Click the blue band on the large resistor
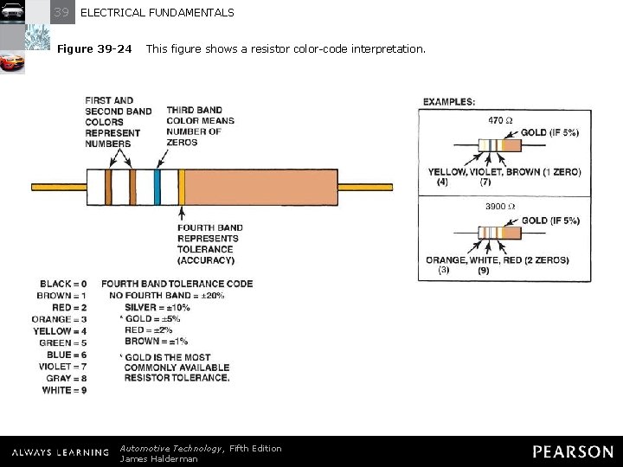point(157,186)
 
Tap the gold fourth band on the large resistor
point(182,186)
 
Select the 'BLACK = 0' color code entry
point(63,284)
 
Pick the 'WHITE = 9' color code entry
point(64,390)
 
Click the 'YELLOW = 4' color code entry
point(60,331)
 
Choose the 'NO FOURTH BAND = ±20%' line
point(167,296)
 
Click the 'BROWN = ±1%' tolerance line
point(156,342)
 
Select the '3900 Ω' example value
point(500,208)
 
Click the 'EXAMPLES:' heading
point(448,102)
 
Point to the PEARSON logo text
point(573,451)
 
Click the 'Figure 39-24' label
point(94,49)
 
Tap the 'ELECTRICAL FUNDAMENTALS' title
point(157,13)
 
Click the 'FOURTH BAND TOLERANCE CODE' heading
point(177,284)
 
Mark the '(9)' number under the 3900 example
point(483,271)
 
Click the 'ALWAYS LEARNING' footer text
point(61,452)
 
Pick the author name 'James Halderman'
point(158,459)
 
